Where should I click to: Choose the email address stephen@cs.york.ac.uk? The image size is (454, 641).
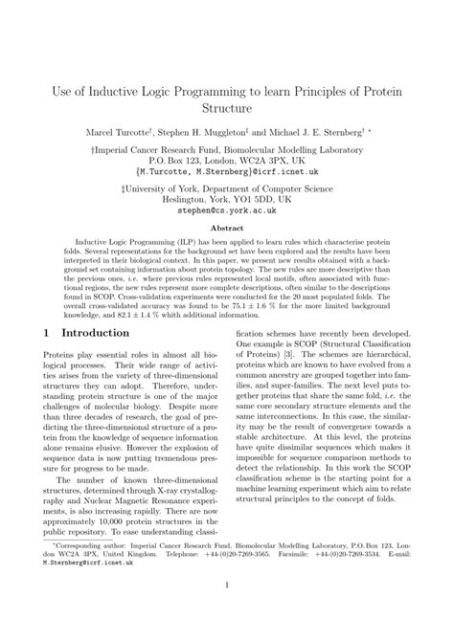tap(227, 214)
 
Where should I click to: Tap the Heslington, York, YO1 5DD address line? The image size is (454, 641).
tap(226, 203)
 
